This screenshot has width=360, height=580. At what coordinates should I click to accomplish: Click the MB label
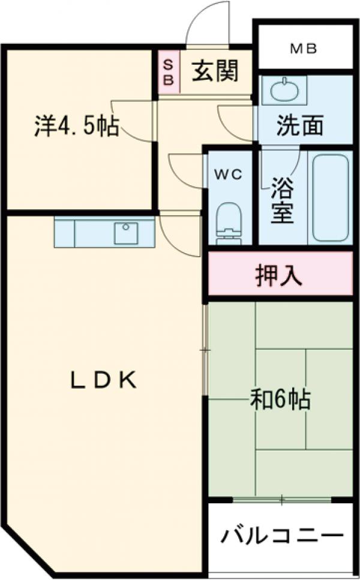(x=304, y=49)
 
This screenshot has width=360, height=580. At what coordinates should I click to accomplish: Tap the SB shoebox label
(x=169, y=71)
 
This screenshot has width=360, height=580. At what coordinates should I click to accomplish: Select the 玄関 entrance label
(x=215, y=71)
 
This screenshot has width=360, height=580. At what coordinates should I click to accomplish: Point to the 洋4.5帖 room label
(x=76, y=126)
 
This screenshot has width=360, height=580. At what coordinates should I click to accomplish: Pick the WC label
(x=228, y=175)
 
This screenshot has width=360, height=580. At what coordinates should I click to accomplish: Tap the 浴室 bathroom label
(x=281, y=203)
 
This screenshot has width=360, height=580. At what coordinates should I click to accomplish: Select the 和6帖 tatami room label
(x=280, y=399)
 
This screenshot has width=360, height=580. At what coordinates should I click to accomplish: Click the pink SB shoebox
(x=169, y=72)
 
